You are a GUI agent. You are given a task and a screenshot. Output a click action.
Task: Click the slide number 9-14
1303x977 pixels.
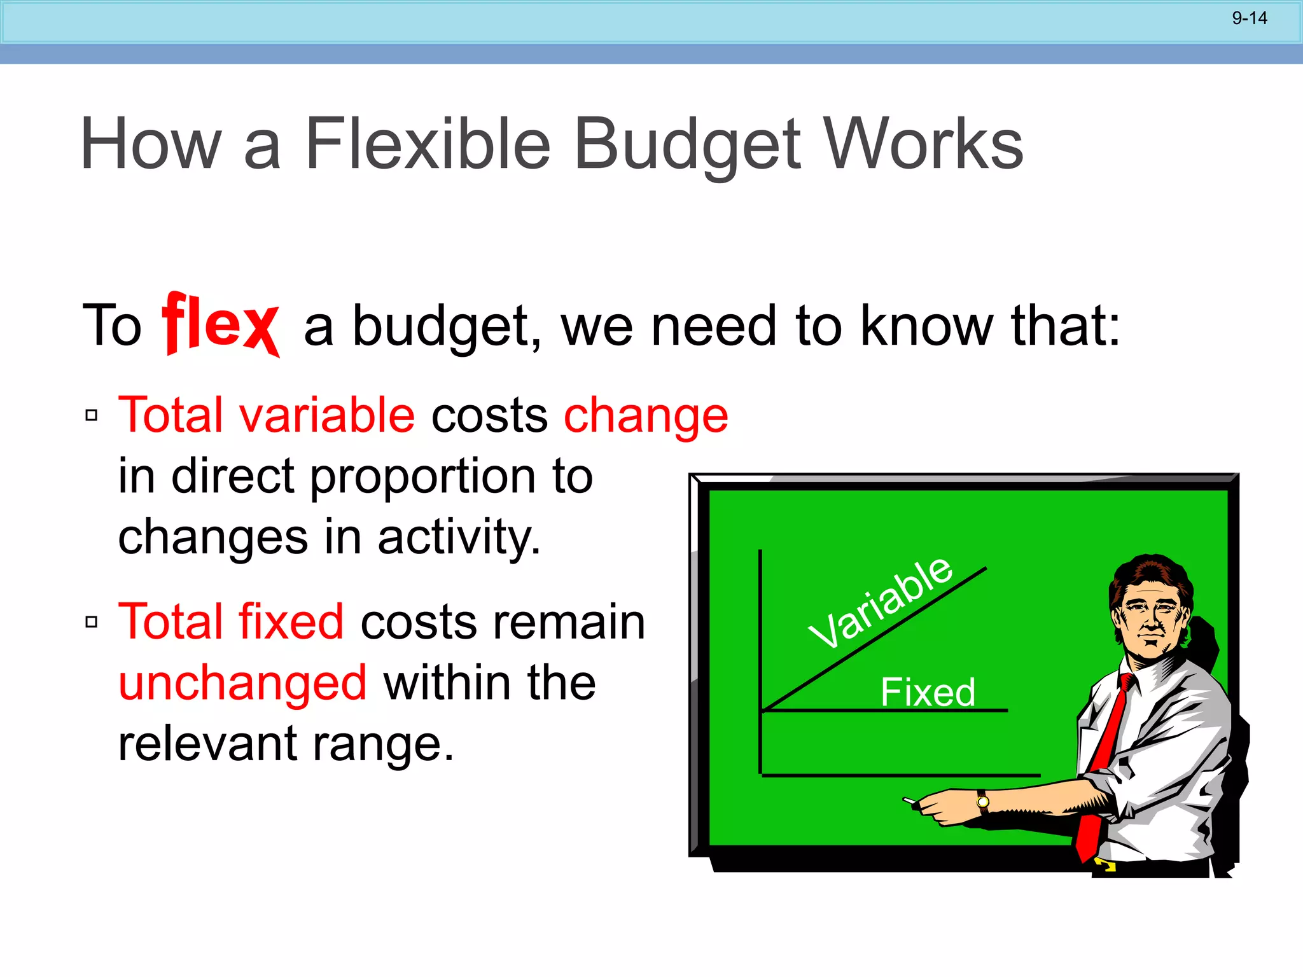(1249, 18)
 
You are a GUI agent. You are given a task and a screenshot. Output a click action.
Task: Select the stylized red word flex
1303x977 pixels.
(220, 324)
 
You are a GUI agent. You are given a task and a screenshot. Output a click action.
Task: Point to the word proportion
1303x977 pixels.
(423, 477)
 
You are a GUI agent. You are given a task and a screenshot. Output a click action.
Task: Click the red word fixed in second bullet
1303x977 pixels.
(291, 621)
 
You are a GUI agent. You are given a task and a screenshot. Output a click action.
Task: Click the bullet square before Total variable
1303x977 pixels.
(92, 415)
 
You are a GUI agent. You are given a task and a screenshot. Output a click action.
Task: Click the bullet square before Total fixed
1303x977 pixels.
(92, 621)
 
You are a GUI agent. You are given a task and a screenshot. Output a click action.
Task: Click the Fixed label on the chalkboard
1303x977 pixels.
(928, 692)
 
